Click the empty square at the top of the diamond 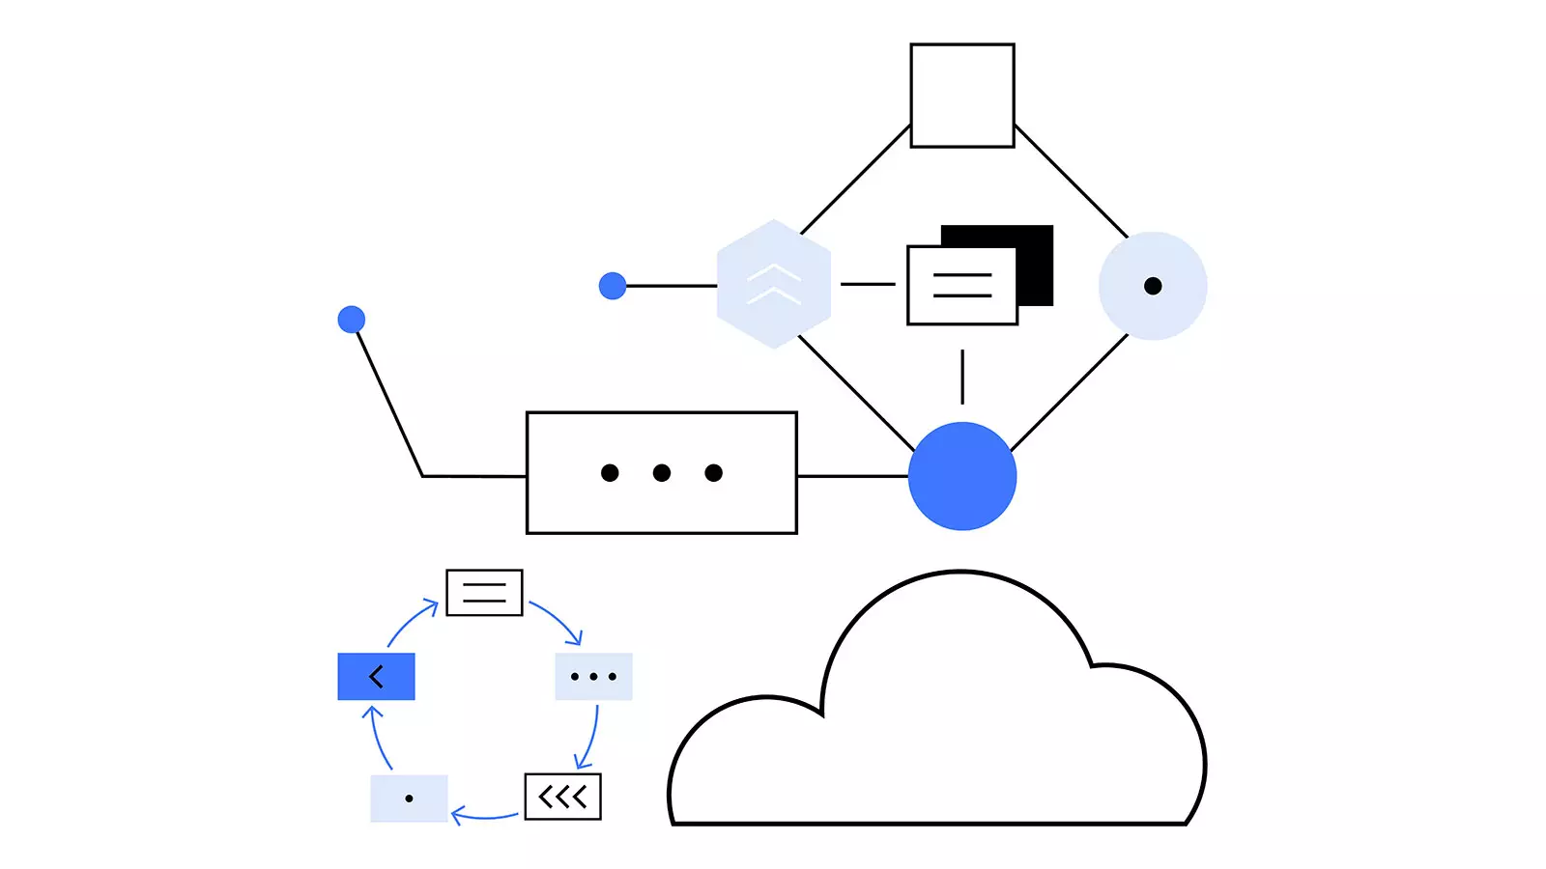tap(961, 96)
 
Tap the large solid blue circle tap(961, 476)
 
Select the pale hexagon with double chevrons tap(773, 284)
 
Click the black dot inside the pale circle tap(1152, 286)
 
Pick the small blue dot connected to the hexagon tap(613, 286)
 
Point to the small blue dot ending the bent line tap(352, 320)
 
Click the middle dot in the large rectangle tap(661, 472)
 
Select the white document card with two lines tap(961, 286)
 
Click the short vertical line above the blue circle tap(961, 377)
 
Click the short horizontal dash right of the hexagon tap(868, 284)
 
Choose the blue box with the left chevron tap(376, 676)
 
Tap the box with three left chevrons tap(562, 797)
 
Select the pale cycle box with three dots tap(593, 676)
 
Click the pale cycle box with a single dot tap(409, 799)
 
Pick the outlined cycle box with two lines tap(484, 593)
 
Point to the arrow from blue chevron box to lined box tap(410, 620)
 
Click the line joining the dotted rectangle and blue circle tap(852, 476)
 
